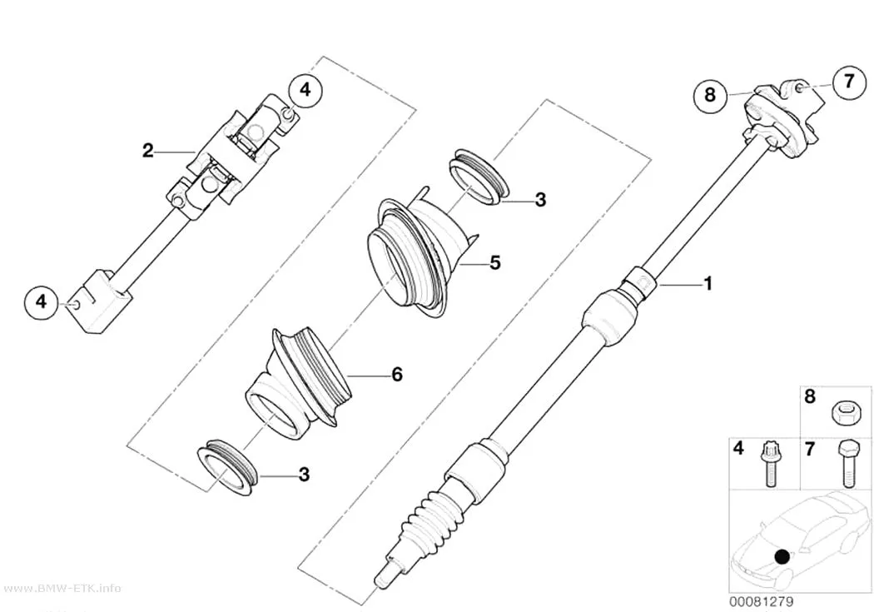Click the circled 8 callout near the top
pyautogui.click(x=709, y=94)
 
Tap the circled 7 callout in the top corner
pyautogui.click(x=849, y=82)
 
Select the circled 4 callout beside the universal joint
pyautogui.click(x=305, y=89)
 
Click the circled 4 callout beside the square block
pyautogui.click(x=42, y=301)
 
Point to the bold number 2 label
pyautogui.click(x=147, y=150)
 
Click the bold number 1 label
pyautogui.click(x=708, y=283)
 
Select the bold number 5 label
pyautogui.click(x=495, y=262)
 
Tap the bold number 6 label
pyautogui.click(x=397, y=374)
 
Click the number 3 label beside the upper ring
pyautogui.click(x=540, y=200)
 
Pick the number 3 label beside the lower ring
pyautogui.click(x=304, y=475)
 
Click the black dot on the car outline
pyautogui.click(x=782, y=556)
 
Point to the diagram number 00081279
pyautogui.click(x=762, y=601)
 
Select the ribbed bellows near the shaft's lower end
pyautogui.click(x=432, y=517)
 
